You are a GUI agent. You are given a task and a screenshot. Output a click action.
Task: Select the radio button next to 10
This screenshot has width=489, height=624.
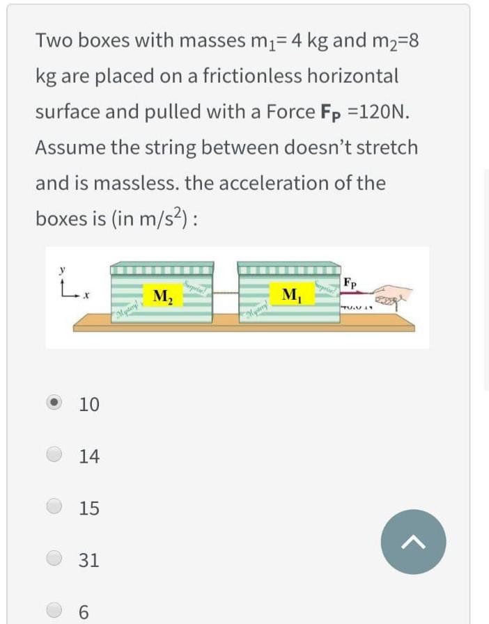(55, 403)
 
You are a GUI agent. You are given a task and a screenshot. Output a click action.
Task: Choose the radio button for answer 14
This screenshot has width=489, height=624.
(55, 455)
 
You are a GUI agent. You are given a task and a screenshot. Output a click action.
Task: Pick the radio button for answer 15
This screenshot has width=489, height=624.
(55, 507)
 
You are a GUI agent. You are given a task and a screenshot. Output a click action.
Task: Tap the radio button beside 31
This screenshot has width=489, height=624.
(55, 559)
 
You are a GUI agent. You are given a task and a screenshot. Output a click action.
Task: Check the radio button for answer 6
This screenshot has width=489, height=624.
(55, 610)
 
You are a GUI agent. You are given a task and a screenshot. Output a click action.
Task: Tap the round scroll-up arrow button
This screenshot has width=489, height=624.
(413, 541)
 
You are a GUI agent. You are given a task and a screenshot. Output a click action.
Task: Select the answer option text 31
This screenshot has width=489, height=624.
(89, 559)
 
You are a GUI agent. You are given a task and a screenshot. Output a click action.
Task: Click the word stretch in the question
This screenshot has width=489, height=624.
(386, 147)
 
